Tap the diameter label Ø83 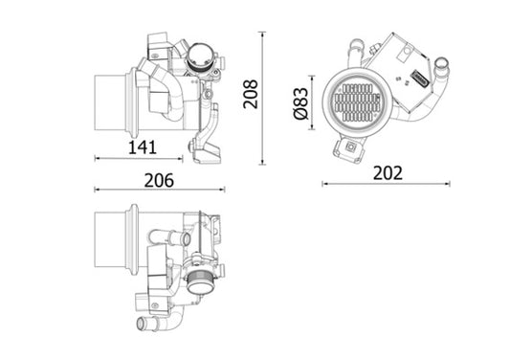(x=298, y=103)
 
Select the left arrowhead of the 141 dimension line (x=98, y=158)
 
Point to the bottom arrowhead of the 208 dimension (x=262, y=162)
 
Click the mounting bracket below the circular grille (x=348, y=146)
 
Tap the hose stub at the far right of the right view (x=444, y=68)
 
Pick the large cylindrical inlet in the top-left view (x=114, y=103)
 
